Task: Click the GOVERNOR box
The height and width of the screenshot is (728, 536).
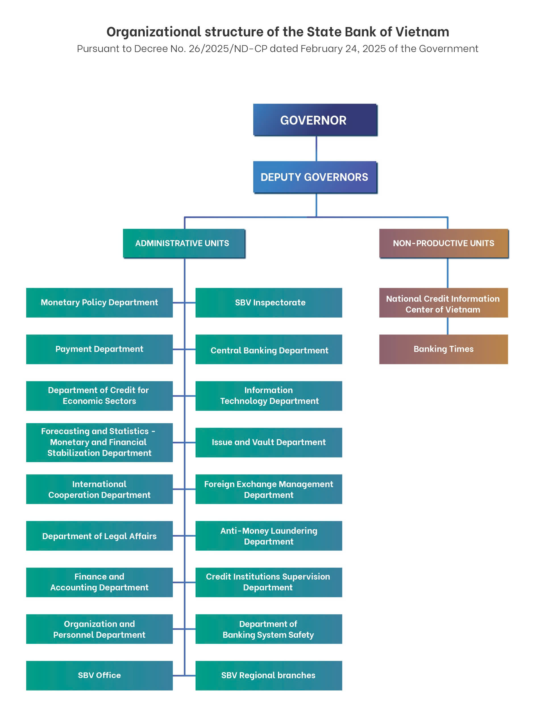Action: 315,120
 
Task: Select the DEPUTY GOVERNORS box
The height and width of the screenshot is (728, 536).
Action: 315,177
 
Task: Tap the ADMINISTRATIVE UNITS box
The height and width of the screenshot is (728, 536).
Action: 184,243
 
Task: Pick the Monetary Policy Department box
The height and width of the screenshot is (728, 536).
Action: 99,303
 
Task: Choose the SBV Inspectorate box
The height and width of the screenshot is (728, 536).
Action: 269,303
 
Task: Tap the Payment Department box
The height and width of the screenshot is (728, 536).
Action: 99,349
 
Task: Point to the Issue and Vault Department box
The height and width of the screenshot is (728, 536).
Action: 269,442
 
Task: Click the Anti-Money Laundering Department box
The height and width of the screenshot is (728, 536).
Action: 269,536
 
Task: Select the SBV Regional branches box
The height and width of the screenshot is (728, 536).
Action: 269,675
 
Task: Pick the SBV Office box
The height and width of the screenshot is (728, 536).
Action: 99,675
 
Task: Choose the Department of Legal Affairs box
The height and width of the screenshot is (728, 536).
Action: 99,536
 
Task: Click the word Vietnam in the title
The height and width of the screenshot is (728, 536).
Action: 422,32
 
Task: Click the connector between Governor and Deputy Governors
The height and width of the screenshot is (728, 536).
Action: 316,148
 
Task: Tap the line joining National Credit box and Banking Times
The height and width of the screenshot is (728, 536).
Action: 447,326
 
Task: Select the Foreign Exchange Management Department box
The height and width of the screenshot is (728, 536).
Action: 269,489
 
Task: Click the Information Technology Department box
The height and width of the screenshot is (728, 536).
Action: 269,396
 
